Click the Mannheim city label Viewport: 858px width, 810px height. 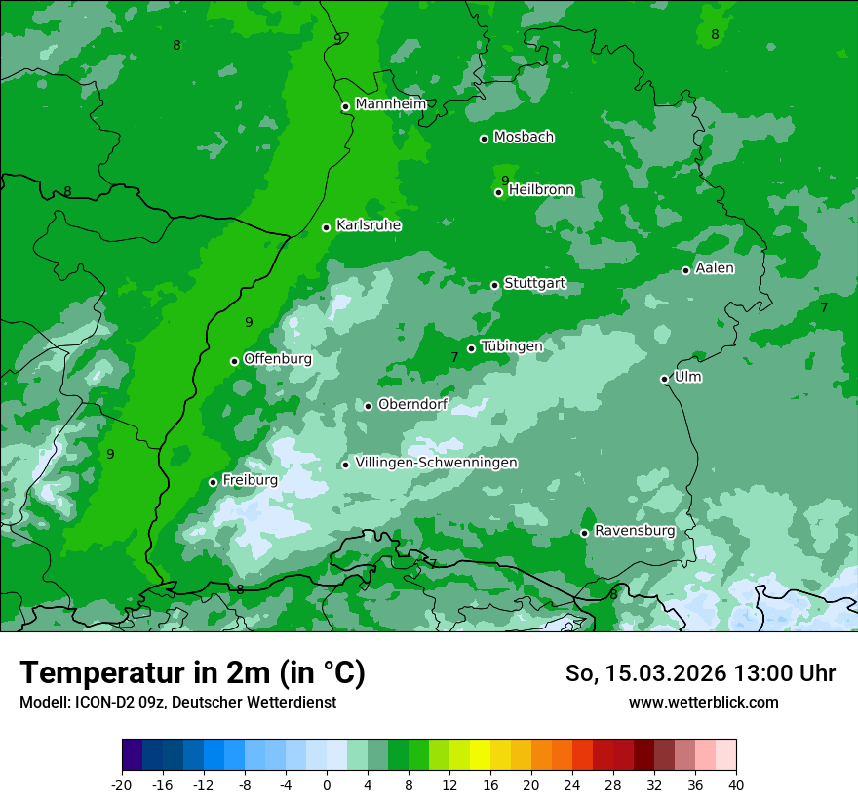pos(390,103)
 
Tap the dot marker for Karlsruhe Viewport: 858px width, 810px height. pos(327,227)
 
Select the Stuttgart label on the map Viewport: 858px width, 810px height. pos(534,283)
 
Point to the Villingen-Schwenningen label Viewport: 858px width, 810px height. pos(436,463)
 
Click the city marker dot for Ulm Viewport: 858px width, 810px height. pos(665,379)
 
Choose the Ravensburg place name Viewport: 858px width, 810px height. pos(635,530)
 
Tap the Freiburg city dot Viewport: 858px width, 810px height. pos(214,482)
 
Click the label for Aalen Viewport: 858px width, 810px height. pos(715,267)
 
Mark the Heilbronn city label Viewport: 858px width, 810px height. pos(541,189)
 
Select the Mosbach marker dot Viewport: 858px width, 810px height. pos(484,139)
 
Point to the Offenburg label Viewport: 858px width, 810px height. pos(277,358)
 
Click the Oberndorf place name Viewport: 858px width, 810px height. pos(412,404)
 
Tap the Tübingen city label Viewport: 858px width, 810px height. pos(511,345)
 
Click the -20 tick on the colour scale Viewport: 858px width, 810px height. pos(122,784)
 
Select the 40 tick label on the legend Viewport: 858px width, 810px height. pos(736,784)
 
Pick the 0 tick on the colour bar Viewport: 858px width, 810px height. pos(327,784)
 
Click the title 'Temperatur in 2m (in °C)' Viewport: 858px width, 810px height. pos(192,672)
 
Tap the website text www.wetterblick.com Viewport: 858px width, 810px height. pos(703,702)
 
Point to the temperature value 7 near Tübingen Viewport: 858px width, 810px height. pos(454,358)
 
